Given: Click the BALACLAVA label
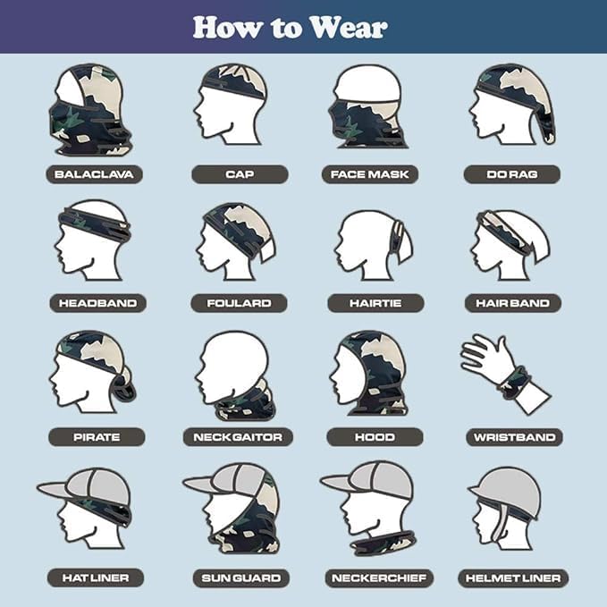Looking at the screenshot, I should click(x=94, y=174).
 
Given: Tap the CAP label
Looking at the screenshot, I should click(x=232, y=174).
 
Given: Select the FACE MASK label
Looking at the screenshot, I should click(x=369, y=174).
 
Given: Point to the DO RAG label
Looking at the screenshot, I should click(x=511, y=174).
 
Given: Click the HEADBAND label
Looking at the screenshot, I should click(x=97, y=303).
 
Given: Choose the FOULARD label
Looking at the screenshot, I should click(x=238, y=303).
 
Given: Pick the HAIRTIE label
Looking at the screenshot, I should click(x=374, y=303).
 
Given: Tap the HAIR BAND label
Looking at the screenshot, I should click(x=512, y=303).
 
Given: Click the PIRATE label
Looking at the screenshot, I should click(x=97, y=437).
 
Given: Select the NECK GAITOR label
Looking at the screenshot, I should click(x=238, y=437).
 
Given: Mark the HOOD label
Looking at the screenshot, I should click(x=374, y=437).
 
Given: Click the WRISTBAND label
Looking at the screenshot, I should click(x=513, y=437).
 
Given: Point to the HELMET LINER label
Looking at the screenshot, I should click(x=512, y=577).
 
